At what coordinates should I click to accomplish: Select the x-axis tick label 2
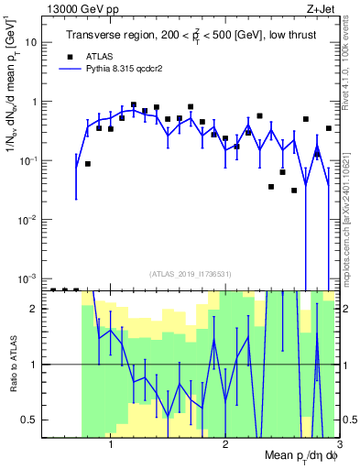click(x=225, y=448)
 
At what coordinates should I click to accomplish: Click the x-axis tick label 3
click(x=338, y=448)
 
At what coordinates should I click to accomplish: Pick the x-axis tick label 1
click(x=111, y=448)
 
